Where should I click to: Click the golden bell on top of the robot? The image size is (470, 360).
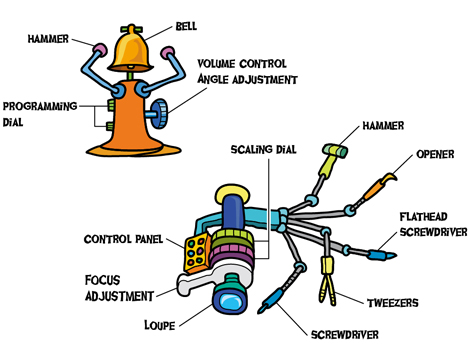point(131,50)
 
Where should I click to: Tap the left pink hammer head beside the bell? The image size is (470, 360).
point(100,50)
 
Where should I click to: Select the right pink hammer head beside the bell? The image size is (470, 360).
point(167,53)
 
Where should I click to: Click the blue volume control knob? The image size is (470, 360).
point(159,113)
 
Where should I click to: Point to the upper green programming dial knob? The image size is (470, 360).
point(111,105)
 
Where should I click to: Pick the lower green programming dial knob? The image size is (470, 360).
point(110,126)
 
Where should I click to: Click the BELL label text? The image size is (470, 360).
point(186,26)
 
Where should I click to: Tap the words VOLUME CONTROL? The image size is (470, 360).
point(242,64)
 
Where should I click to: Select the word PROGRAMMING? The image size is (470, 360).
point(40,106)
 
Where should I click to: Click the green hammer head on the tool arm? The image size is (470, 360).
point(335,150)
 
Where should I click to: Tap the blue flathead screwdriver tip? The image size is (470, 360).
point(383,255)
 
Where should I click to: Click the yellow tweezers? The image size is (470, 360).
point(327,280)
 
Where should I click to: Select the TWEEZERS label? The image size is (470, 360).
point(393,303)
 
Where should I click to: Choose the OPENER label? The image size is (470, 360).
point(435,154)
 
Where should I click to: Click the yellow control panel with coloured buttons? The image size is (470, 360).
point(197,253)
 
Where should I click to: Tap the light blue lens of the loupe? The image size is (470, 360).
point(231,302)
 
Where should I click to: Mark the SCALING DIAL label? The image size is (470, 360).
point(263,149)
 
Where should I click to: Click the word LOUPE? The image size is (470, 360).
point(160,325)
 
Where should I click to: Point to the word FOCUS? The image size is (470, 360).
point(103,280)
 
